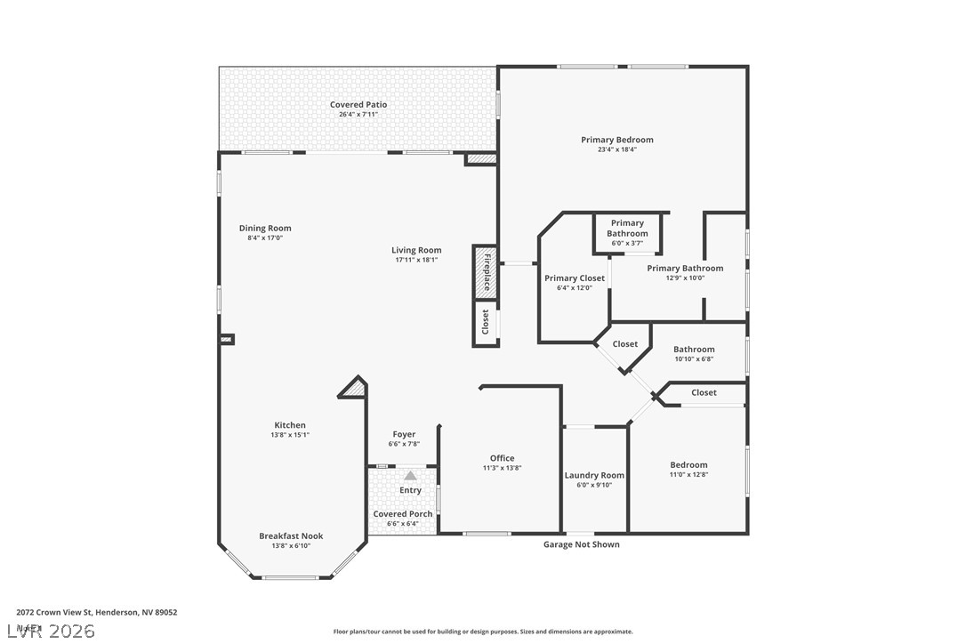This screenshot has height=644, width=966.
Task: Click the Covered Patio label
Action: [358, 105]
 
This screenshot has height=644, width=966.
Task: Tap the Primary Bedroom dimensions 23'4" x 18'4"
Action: [617, 149]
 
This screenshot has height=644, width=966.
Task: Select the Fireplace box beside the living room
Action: [486, 271]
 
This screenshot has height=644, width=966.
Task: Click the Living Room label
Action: [416, 250]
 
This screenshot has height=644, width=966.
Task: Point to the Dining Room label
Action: [264, 229]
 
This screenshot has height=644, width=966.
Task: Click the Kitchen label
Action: [289, 425]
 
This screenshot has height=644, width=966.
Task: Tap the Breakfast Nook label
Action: [291, 536]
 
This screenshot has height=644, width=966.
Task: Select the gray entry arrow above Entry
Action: [410, 476]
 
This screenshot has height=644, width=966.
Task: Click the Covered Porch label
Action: [403, 514]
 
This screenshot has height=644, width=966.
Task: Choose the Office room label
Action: [502, 458]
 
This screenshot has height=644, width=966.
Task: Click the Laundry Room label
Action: [594, 475]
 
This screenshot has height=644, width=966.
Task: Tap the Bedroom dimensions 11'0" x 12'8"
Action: [688, 475]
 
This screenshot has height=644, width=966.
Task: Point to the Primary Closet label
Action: [575, 278]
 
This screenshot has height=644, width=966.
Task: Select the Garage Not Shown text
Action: [582, 544]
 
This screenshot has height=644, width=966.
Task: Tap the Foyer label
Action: [404, 435]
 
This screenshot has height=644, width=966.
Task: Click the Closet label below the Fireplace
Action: [486, 324]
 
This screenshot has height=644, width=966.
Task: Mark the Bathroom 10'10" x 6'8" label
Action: [694, 350]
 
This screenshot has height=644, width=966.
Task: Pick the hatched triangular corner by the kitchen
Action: [355, 388]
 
